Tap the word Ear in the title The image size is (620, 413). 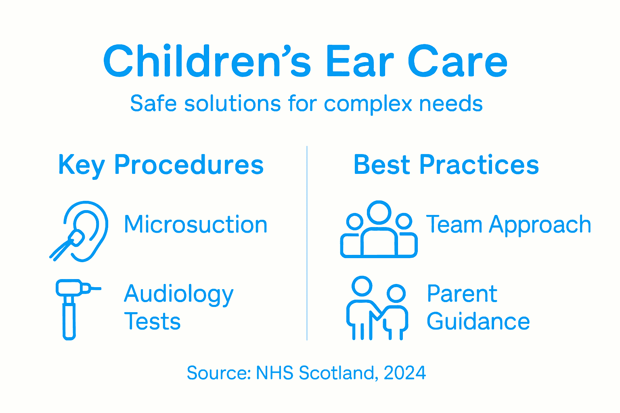click(x=359, y=62)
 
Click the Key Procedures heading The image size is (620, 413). click(x=161, y=165)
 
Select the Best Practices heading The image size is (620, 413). click(x=446, y=165)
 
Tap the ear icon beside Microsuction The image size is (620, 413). click(x=81, y=231)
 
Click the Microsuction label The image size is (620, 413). click(x=196, y=224)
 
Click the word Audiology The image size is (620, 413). click(x=179, y=294)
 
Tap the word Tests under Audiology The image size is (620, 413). click(x=152, y=322)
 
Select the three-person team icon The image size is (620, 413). click(x=379, y=229)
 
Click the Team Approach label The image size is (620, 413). click(x=509, y=224)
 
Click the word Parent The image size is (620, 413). click(x=462, y=294)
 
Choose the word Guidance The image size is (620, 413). click(x=478, y=322)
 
